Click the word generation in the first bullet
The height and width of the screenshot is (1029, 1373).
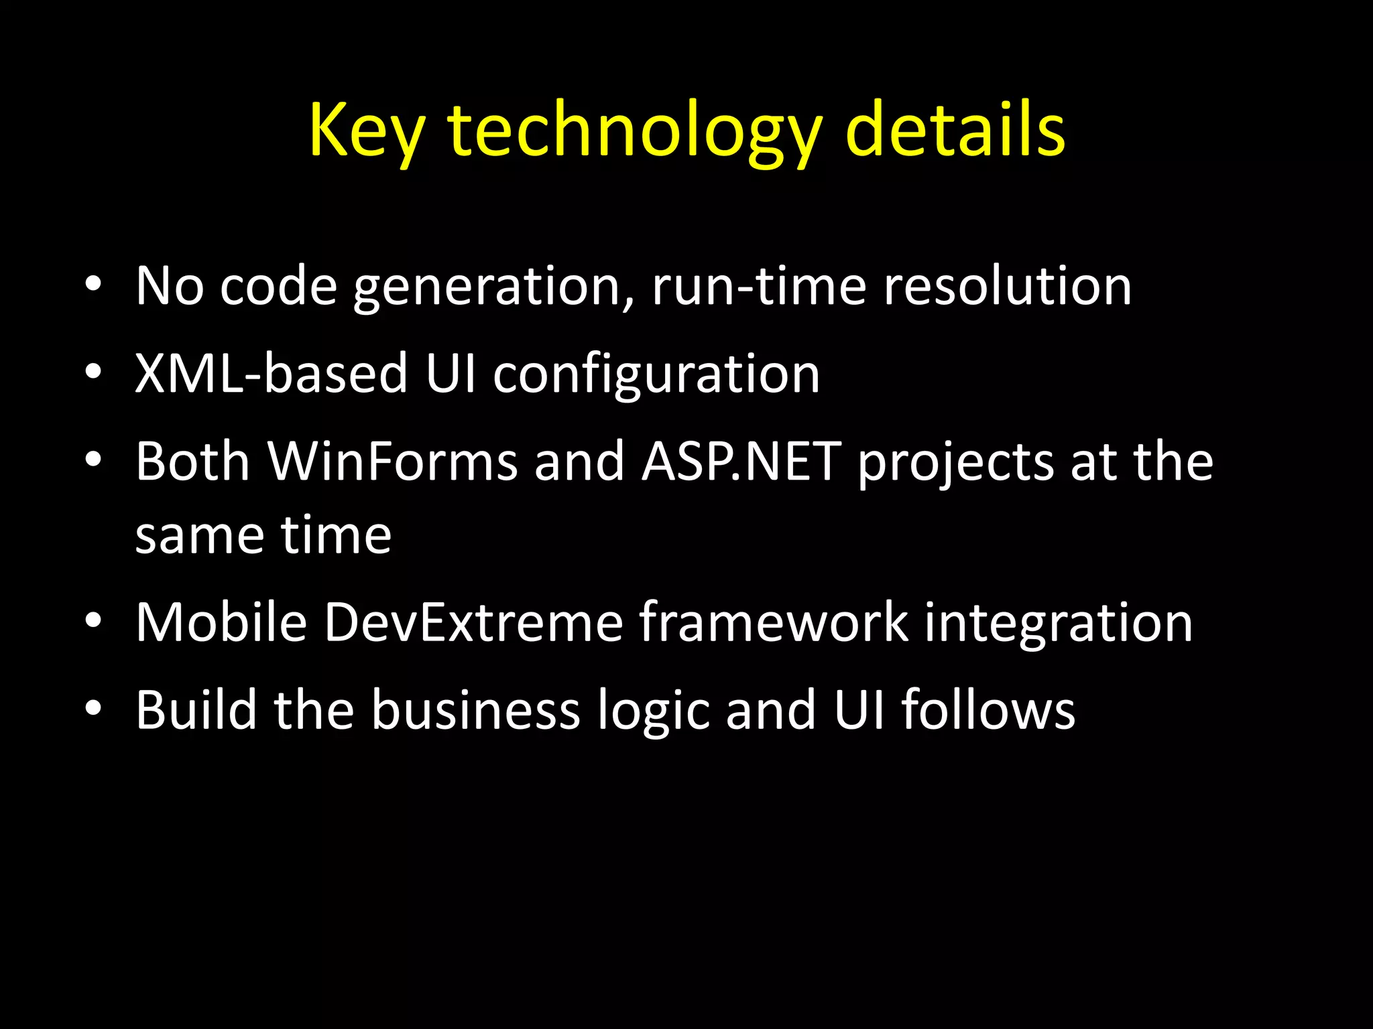[x=493, y=287]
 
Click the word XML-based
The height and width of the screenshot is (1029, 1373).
[x=272, y=374]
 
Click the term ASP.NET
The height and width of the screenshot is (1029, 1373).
[x=741, y=462]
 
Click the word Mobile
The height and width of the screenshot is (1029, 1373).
[x=221, y=622]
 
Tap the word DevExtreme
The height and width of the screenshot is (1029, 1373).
[x=473, y=622]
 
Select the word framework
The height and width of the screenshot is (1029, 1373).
[x=774, y=622]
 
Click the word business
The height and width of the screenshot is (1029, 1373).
[x=475, y=709]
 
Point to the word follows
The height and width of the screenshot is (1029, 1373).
[x=988, y=709]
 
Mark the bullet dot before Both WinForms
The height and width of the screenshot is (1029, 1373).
[x=93, y=460]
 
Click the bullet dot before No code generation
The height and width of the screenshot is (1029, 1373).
[x=93, y=285]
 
